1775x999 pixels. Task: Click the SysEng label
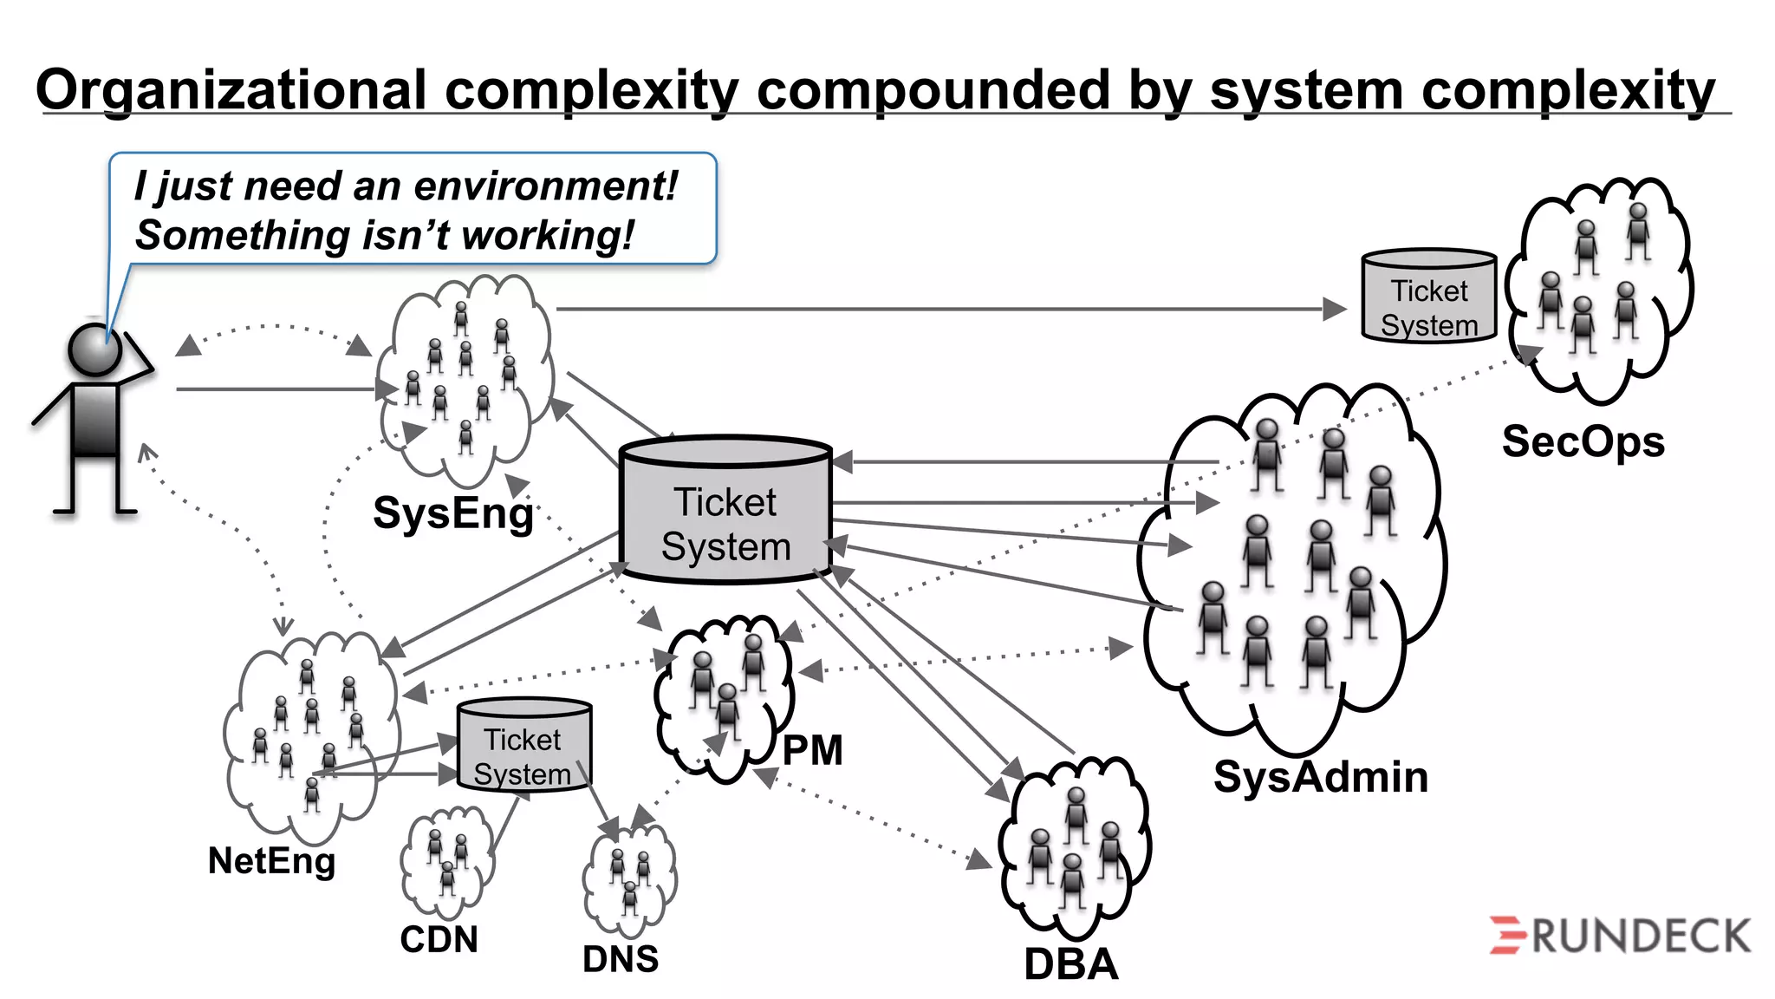coord(452,513)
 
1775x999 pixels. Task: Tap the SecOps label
coord(1583,442)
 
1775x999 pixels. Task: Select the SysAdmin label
coord(1320,777)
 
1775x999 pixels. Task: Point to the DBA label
coord(1070,964)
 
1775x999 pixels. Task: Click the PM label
coord(812,750)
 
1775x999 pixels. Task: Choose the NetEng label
coord(271,861)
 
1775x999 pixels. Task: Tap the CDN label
coord(439,939)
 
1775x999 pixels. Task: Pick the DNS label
coord(620,959)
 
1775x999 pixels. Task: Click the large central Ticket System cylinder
coord(725,512)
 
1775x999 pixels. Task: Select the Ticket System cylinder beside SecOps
coord(1428,297)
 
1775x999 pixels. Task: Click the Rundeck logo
coord(1619,936)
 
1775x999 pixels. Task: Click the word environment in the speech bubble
coord(542,186)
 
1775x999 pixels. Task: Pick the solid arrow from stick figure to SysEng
coord(277,389)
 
